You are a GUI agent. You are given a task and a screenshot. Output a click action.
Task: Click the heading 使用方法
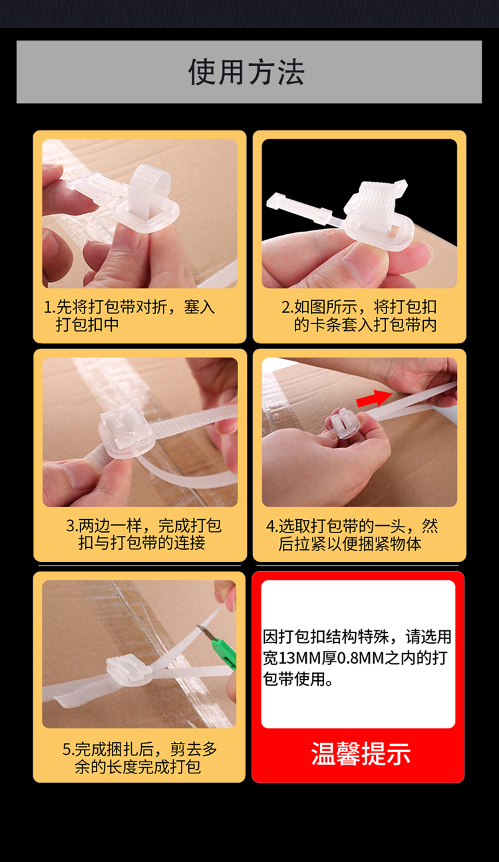246,72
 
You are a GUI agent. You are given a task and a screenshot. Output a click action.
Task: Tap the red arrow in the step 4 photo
374,398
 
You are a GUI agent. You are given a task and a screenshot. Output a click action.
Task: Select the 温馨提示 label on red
361,754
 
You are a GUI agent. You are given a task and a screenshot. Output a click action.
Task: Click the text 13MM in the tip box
299,658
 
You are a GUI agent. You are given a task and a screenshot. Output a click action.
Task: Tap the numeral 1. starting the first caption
50,307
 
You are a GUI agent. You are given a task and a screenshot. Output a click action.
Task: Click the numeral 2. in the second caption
288,307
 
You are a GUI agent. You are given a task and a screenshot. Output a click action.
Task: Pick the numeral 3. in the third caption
72,526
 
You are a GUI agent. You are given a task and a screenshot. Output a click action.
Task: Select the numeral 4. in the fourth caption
272,526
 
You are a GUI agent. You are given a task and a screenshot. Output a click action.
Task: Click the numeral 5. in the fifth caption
68,749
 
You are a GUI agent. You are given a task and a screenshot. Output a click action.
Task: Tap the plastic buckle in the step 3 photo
126,432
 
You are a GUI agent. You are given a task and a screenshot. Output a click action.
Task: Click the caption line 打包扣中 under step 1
87,324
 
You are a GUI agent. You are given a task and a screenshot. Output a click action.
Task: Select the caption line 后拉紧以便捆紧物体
350,544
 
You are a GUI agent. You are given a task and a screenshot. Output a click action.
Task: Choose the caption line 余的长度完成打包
138,767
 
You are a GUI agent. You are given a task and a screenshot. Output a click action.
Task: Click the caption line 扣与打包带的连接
142,543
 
